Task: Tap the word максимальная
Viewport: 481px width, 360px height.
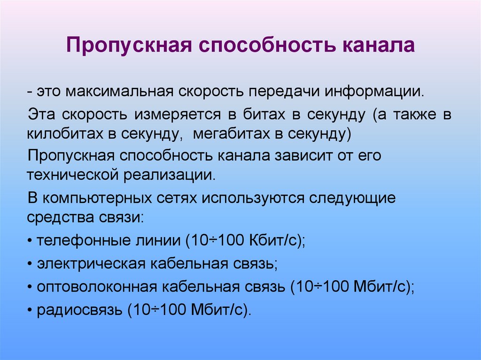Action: pos(119,91)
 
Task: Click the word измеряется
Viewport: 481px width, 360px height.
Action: pos(177,115)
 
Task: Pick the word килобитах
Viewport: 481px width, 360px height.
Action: pos(65,133)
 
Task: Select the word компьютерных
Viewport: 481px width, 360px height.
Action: pos(97,199)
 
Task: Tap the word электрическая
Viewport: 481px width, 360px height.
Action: pos(91,264)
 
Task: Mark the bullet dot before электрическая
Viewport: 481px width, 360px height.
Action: pos(30,264)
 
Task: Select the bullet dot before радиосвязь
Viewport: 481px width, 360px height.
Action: pos(30,310)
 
